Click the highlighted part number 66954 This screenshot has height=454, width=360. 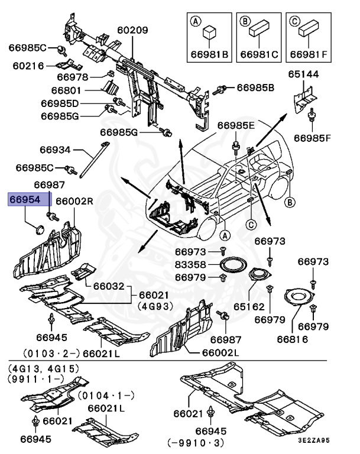click(x=28, y=200)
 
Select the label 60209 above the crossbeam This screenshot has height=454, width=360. click(x=132, y=30)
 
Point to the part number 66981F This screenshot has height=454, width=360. click(x=307, y=55)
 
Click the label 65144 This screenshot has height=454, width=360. click(x=303, y=75)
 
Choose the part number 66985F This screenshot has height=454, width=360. click(x=313, y=138)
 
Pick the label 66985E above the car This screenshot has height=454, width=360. click(x=235, y=125)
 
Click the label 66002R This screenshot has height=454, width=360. click(x=74, y=202)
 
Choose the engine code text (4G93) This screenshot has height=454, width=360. click(x=153, y=306)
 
